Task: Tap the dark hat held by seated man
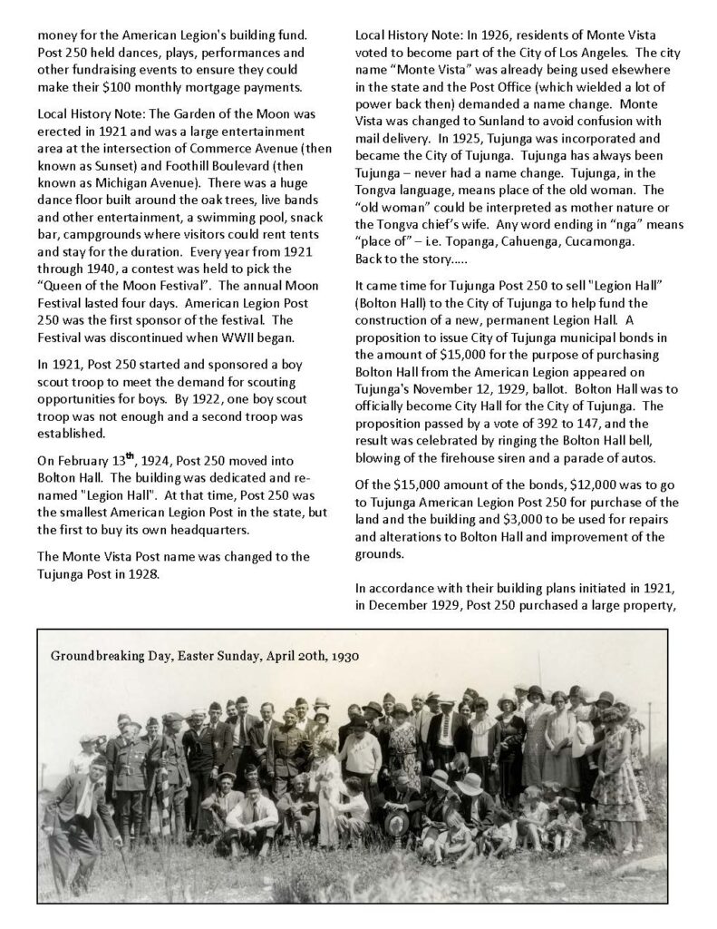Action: pos(396,822)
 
